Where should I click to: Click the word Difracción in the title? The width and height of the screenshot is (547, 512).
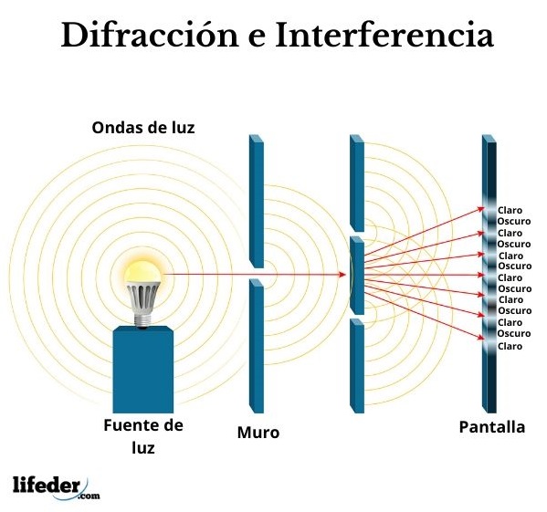[150, 35]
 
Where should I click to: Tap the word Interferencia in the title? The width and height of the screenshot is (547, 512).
[384, 35]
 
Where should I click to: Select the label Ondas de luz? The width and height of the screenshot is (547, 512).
[143, 128]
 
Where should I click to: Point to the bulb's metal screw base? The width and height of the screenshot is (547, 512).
[142, 319]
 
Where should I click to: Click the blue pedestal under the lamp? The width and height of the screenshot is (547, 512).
[143, 370]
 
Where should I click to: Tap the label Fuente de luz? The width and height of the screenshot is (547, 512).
[143, 436]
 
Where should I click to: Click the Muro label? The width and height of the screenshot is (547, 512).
[258, 433]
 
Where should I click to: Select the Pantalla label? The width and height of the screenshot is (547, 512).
[492, 427]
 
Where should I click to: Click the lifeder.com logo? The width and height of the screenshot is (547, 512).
[57, 487]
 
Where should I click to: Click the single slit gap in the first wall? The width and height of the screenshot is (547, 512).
[257, 274]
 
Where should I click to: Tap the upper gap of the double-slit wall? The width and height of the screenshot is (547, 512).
[357, 235]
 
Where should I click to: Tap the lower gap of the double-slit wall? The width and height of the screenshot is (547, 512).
[357, 317]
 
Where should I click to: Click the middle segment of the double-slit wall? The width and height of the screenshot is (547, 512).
[357, 276]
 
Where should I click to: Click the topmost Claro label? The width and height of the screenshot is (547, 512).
[510, 210]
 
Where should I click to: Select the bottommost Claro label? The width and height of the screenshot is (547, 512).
[510, 346]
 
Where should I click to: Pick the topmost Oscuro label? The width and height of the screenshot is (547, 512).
[514, 222]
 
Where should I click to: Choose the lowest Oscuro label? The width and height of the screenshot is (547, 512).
[514, 333]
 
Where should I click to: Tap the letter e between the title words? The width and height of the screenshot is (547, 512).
[257, 38]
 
